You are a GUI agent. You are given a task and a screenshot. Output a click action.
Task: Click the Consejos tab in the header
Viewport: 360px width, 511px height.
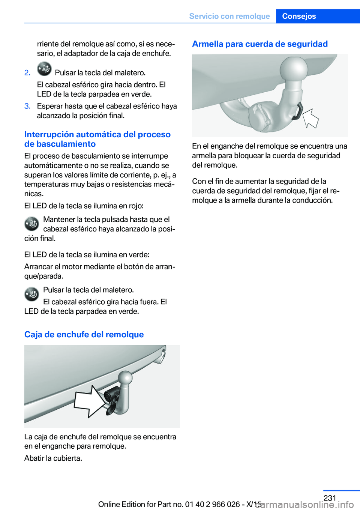click(299, 16)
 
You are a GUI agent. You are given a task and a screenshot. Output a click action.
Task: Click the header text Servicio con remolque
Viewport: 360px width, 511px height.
click(229, 16)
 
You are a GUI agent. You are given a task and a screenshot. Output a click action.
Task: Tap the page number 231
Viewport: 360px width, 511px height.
click(330, 498)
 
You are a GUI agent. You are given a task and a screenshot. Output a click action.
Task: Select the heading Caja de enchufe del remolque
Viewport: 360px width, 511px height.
click(84, 334)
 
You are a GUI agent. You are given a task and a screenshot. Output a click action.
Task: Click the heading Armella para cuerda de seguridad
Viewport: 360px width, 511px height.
click(260, 44)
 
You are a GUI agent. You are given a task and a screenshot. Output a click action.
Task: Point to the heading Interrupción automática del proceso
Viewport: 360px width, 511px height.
click(97, 134)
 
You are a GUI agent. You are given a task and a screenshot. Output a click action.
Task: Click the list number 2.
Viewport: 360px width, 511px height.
click(27, 72)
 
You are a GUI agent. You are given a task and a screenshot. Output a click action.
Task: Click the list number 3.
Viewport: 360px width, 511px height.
click(27, 106)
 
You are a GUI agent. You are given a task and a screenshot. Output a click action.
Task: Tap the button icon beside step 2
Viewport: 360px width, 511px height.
click(44, 69)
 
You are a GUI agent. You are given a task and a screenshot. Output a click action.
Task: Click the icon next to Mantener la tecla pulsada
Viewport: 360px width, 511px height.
click(32, 224)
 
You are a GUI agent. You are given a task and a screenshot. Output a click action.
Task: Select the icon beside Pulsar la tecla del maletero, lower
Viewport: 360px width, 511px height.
click(32, 294)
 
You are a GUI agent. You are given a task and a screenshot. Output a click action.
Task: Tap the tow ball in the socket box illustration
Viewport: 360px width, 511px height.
click(125, 377)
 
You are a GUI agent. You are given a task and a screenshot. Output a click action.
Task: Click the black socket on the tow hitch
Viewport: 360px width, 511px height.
click(112, 396)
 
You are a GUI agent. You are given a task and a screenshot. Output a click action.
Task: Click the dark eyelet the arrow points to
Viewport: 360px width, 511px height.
click(297, 111)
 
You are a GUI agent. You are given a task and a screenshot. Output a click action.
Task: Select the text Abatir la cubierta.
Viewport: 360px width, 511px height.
click(53, 458)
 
